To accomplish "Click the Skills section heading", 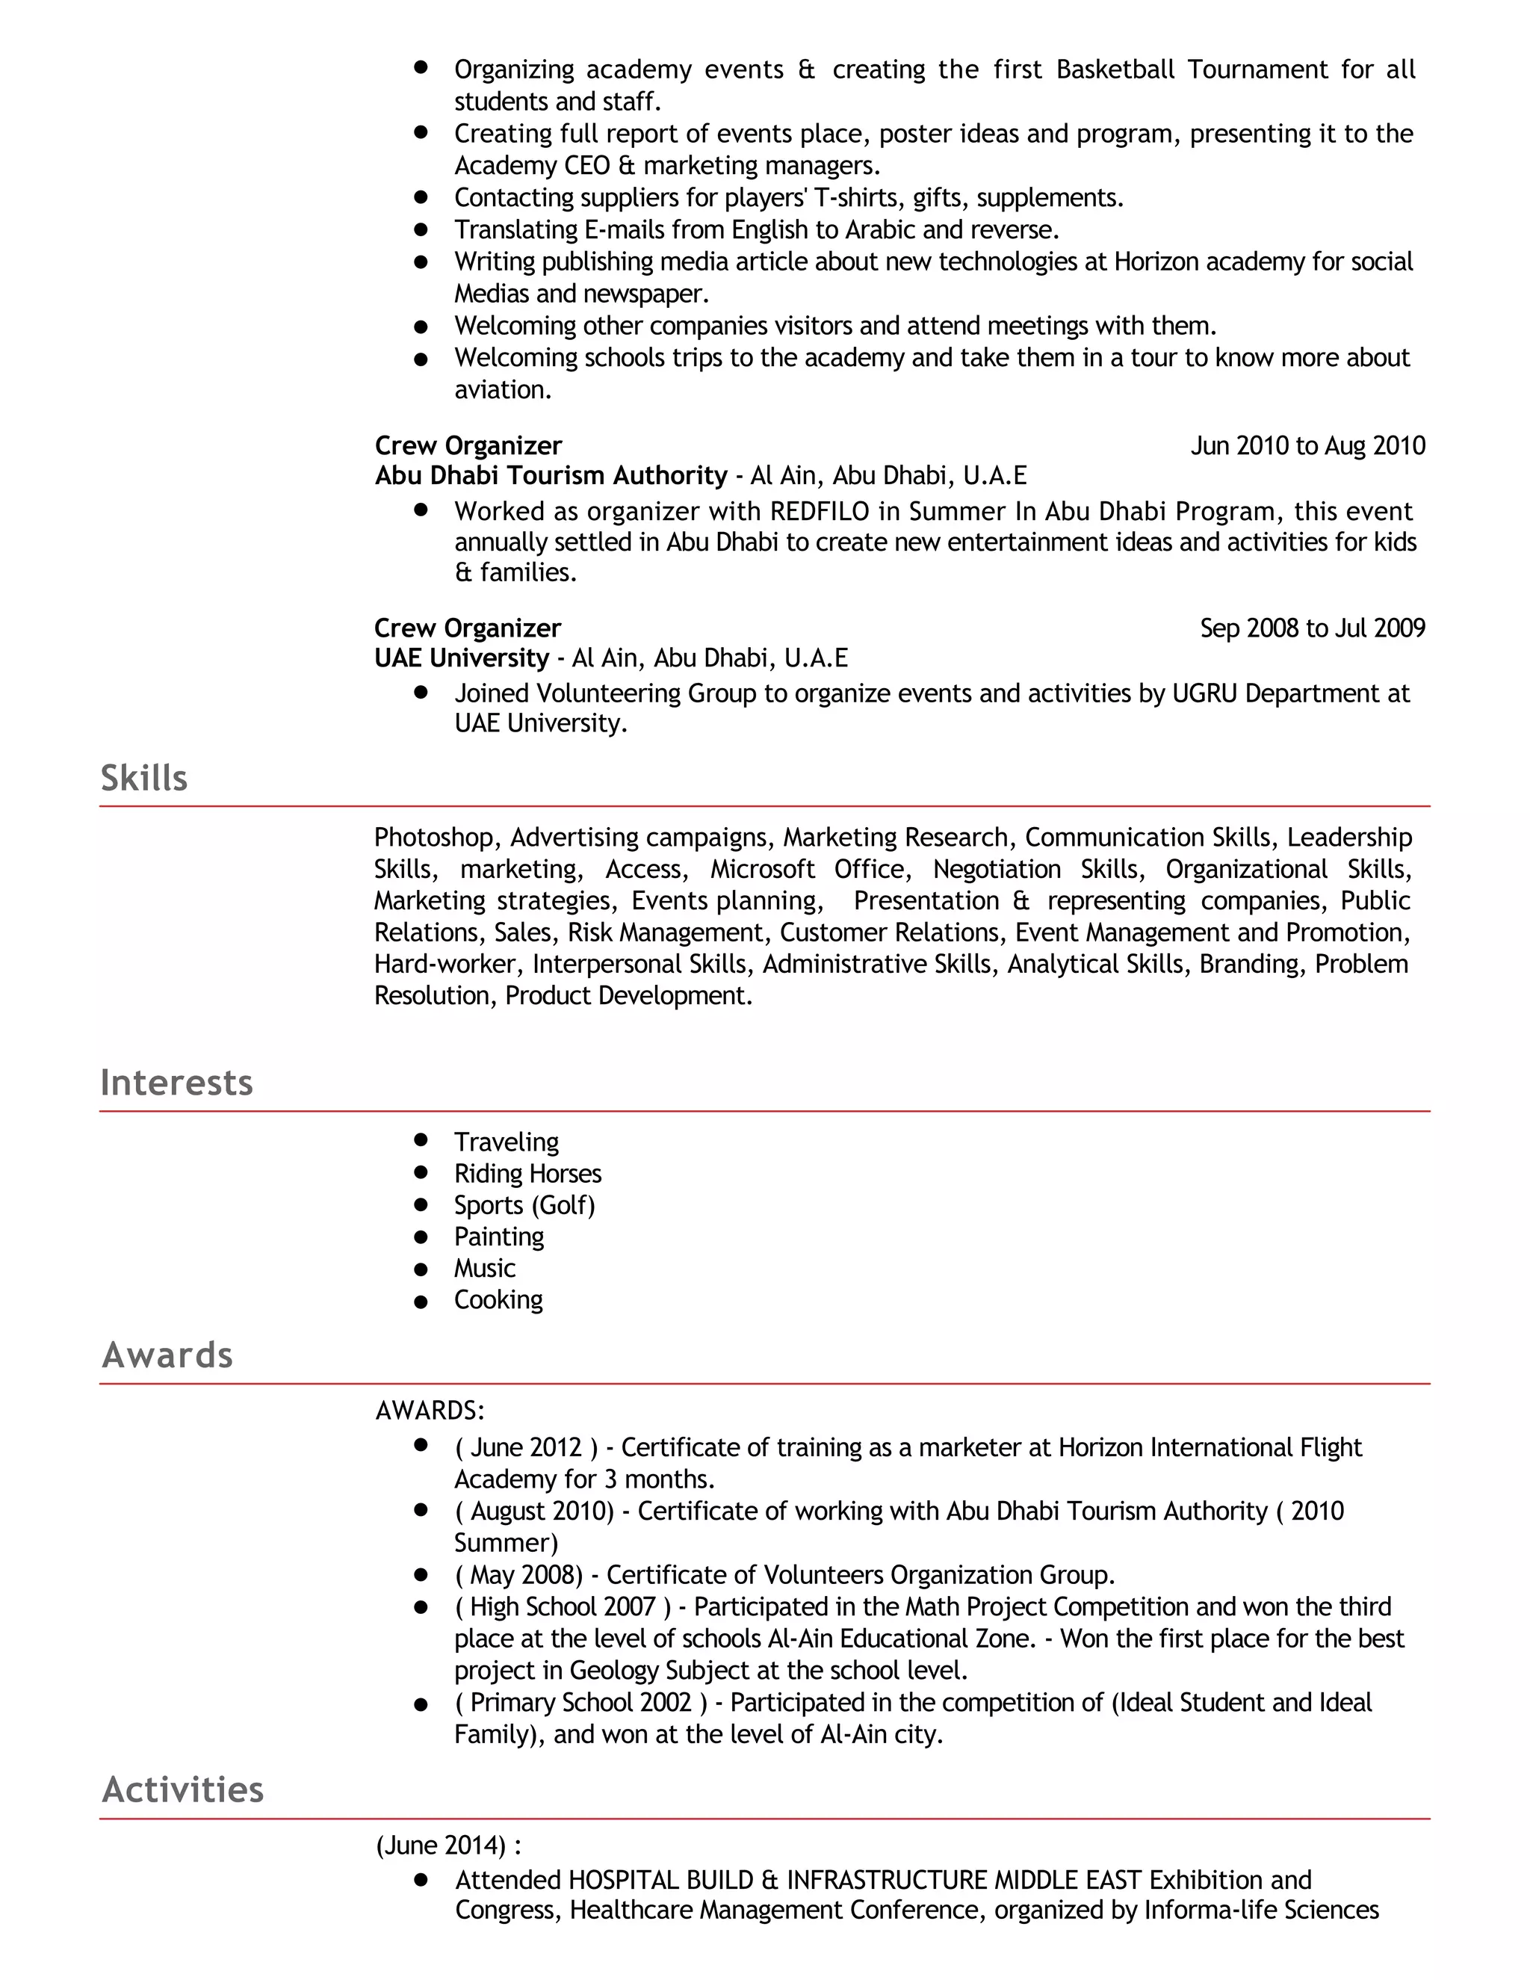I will coord(144,778).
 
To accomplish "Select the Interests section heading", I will coord(177,1083).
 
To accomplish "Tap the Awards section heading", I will coord(167,1355).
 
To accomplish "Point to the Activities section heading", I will coord(183,1789).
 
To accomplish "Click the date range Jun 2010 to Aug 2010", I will coord(1307,446).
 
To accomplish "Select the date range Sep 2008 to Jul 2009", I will coord(1313,628).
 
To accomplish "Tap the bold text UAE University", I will coord(462,658).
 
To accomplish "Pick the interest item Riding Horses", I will coord(527,1173).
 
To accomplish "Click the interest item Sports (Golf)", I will coord(524,1205).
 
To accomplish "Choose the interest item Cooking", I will coord(498,1300).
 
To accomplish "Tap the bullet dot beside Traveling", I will coord(421,1139).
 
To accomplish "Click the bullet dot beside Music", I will coord(421,1269).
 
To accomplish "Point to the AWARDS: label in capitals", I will coord(430,1411).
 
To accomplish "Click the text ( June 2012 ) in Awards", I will coord(527,1448).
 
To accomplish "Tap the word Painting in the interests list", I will coord(498,1237).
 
